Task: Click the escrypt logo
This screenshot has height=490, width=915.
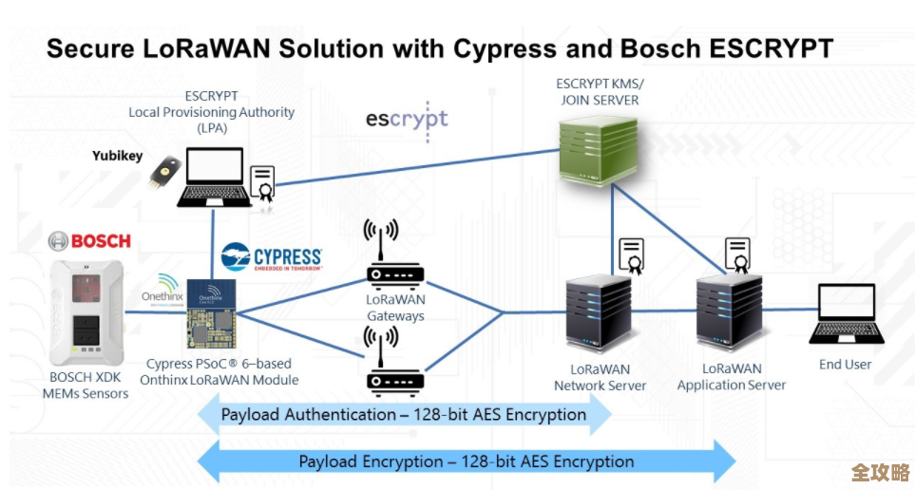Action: click(407, 121)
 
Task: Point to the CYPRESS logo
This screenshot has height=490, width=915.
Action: click(273, 257)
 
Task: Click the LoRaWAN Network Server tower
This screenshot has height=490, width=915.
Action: click(600, 312)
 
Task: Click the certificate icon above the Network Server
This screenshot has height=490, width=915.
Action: click(631, 255)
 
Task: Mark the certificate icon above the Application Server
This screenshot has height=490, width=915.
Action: click(737, 255)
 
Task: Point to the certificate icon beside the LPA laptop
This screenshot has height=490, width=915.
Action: click(262, 183)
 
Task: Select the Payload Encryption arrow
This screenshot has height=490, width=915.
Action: click(466, 462)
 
